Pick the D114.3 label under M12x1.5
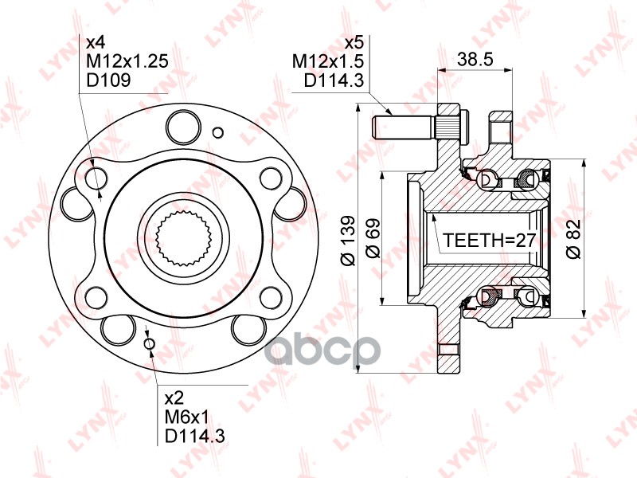(334, 80)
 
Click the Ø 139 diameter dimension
(346, 238)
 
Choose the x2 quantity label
(174, 398)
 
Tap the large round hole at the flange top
(184, 126)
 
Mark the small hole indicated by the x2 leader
(149, 343)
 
